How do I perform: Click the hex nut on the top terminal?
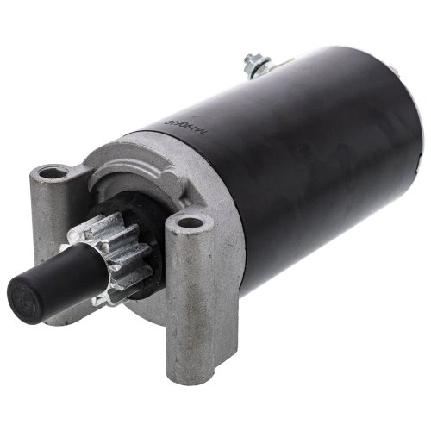coord(253,65)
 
